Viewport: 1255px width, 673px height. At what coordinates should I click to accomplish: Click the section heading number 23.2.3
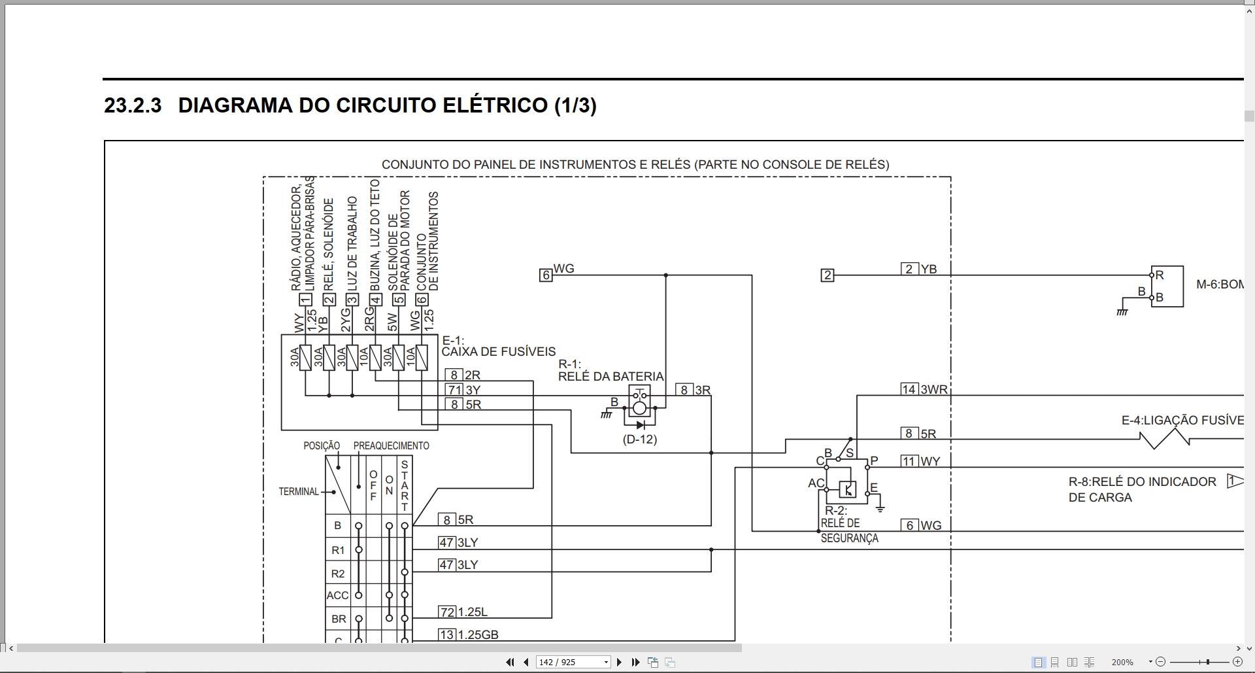(x=133, y=105)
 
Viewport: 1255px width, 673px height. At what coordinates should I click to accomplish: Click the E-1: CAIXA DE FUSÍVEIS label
(x=499, y=346)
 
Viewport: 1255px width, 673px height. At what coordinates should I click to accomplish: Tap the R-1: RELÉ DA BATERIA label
(x=611, y=370)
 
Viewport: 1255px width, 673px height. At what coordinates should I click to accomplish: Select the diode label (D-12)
(x=640, y=440)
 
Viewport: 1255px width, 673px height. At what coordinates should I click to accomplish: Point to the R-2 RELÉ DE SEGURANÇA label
(x=849, y=525)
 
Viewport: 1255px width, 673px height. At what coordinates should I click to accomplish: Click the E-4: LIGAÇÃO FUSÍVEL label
(x=1182, y=421)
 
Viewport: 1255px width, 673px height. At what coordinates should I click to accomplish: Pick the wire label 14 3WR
(x=924, y=390)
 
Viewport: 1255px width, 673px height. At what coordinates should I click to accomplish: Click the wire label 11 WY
(x=920, y=461)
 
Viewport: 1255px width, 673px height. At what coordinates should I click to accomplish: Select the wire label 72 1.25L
(x=463, y=612)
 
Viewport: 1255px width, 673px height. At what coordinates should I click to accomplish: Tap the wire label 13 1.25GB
(x=469, y=634)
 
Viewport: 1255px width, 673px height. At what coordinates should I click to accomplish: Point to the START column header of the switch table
(x=405, y=486)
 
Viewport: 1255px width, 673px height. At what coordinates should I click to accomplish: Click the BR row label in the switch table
(x=339, y=619)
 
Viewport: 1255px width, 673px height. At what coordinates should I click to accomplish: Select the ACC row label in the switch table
(x=338, y=595)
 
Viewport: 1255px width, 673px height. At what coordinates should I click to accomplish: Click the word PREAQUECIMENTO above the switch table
(x=392, y=446)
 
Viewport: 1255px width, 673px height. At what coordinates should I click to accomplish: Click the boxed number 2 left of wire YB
(x=828, y=275)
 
